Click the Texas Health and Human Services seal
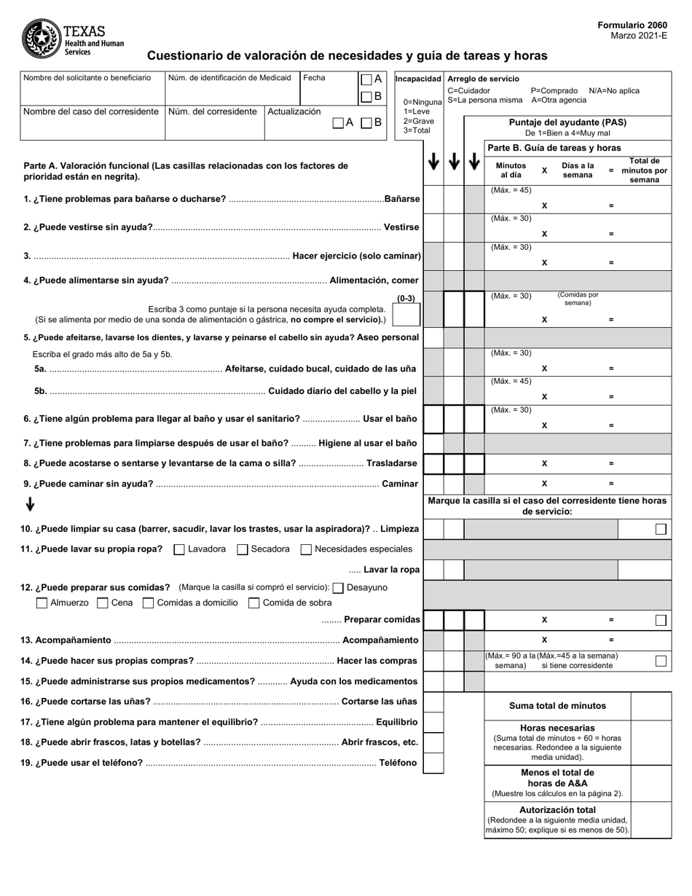click(x=42, y=39)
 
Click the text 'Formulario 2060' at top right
click(x=632, y=25)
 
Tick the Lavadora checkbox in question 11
click(x=178, y=549)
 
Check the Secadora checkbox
click(x=243, y=549)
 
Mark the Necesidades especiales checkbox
click(x=306, y=549)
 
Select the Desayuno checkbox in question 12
click(x=338, y=588)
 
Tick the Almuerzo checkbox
click(x=42, y=603)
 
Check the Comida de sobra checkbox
click(x=254, y=603)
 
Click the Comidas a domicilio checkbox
click(x=149, y=603)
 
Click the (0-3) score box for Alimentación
click(x=406, y=315)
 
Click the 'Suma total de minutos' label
click(x=557, y=706)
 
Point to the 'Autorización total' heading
click(x=557, y=809)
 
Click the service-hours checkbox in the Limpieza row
click(x=660, y=530)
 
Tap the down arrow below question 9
click(x=30, y=504)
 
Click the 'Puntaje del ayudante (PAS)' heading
click(x=567, y=122)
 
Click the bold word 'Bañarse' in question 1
click(x=402, y=199)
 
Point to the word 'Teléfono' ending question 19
click(x=398, y=763)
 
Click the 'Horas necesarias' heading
click(x=557, y=728)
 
